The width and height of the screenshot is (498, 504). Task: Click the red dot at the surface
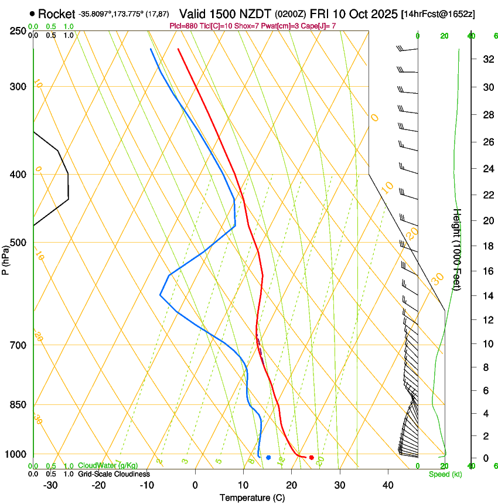[x=311, y=457]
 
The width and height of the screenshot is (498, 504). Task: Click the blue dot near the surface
[x=268, y=457]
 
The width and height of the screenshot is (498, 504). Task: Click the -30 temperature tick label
[x=50, y=485]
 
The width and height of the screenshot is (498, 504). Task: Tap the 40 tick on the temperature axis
[x=388, y=485]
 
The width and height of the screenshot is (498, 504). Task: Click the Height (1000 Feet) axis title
[x=457, y=249]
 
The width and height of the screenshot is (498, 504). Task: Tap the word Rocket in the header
[x=56, y=13]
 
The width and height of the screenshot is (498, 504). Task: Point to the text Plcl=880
[x=183, y=26]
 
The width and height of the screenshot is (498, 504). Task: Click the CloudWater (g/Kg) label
[x=108, y=466]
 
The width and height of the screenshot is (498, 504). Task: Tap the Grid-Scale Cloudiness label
[x=114, y=474]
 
